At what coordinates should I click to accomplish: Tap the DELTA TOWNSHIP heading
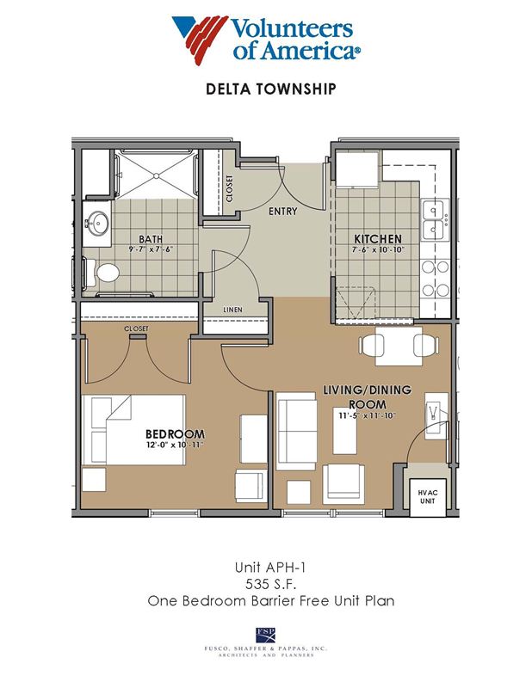pyautogui.click(x=271, y=89)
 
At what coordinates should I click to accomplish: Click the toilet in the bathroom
pyautogui.click(x=103, y=273)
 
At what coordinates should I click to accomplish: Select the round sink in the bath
pyautogui.click(x=98, y=224)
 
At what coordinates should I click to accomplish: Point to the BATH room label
pyautogui.click(x=151, y=239)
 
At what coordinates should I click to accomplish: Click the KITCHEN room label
pyautogui.click(x=378, y=239)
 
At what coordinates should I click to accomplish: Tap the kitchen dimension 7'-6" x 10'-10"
pyautogui.click(x=378, y=250)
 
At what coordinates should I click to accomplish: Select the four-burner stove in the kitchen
pyautogui.click(x=436, y=279)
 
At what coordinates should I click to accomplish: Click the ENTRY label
pyautogui.click(x=283, y=212)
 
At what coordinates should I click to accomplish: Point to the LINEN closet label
pyautogui.click(x=232, y=310)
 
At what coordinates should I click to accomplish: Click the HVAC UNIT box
pyautogui.click(x=428, y=497)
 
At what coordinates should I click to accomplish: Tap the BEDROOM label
pyautogui.click(x=176, y=434)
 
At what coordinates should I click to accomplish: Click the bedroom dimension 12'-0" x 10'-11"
pyautogui.click(x=176, y=445)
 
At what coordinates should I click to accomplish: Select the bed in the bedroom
pyautogui.click(x=133, y=429)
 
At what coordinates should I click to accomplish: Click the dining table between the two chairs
pyautogui.click(x=399, y=346)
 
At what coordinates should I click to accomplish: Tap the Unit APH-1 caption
pyautogui.click(x=270, y=568)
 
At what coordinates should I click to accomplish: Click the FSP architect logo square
pyautogui.click(x=265, y=635)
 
